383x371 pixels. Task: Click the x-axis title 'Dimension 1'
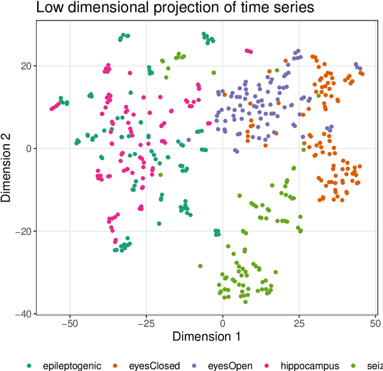click(x=206, y=336)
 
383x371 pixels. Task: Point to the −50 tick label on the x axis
click(x=69, y=321)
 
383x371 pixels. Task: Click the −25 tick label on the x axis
click(x=146, y=321)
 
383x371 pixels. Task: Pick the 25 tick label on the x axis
click(x=299, y=321)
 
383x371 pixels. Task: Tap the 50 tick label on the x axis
click(x=375, y=321)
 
